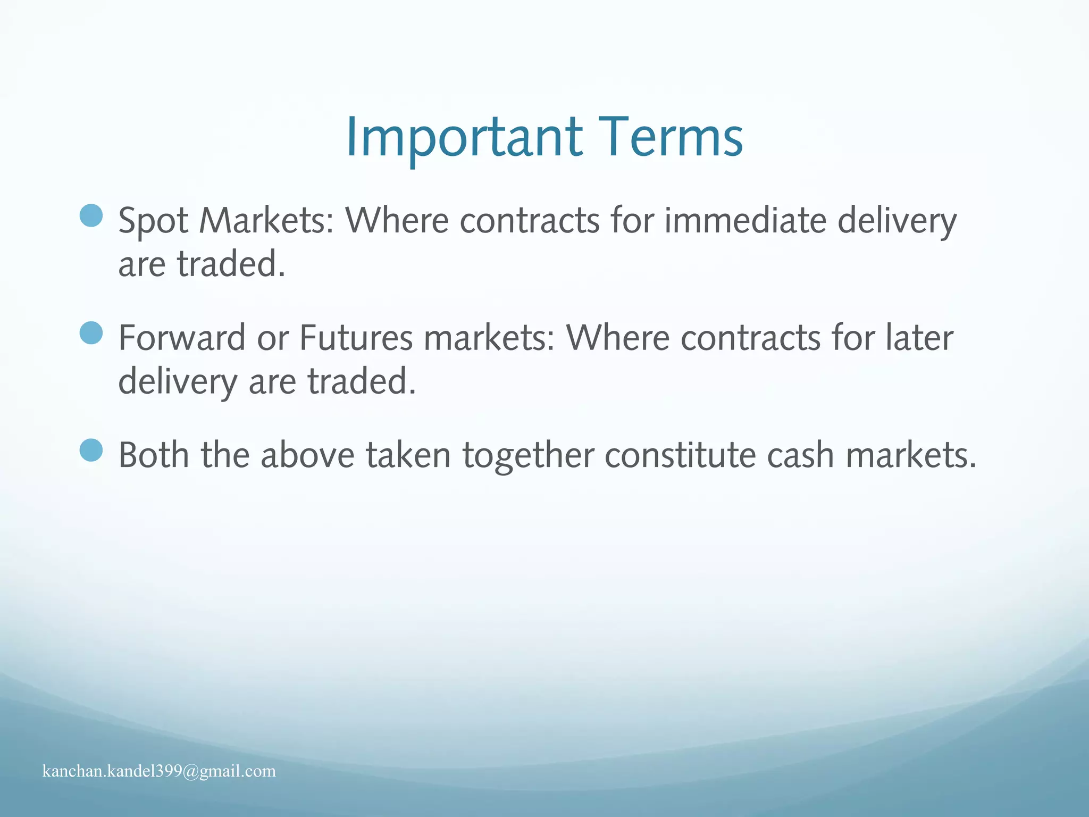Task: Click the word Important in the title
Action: pyautogui.click(x=464, y=137)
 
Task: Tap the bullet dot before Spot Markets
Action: pyautogui.click(x=91, y=215)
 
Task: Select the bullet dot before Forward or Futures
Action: pyautogui.click(x=91, y=333)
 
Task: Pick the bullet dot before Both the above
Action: pyautogui.click(x=91, y=450)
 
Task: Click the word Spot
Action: pyautogui.click(x=153, y=221)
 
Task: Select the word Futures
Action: pyautogui.click(x=356, y=338)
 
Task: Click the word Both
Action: pyautogui.click(x=153, y=455)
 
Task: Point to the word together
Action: pyautogui.click(x=528, y=456)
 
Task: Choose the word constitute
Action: pyautogui.click(x=680, y=455)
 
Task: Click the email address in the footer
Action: pyautogui.click(x=159, y=771)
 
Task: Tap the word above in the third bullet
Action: pyautogui.click(x=307, y=455)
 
